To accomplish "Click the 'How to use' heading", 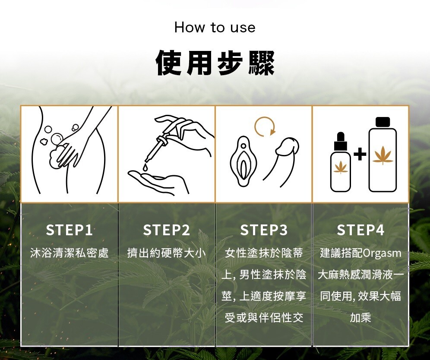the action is (x=215, y=28).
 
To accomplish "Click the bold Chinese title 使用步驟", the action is (x=215, y=63).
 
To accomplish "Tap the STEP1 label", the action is (x=70, y=230).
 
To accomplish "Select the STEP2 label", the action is (x=167, y=230).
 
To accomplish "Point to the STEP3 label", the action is (x=264, y=230).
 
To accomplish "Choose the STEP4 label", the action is (x=360, y=230).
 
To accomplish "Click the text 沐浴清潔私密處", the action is (x=70, y=253).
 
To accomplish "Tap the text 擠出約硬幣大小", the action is (x=167, y=253).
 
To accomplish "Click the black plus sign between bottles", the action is (x=360, y=155).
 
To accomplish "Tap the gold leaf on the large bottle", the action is (x=383, y=155).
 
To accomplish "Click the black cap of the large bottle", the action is (x=383, y=122).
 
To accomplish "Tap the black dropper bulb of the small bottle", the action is (x=341, y=137).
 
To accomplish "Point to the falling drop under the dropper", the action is (x=145, y=167).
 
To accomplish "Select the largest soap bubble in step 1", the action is (x=57, y=139).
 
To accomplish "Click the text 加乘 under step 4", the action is (x=360, y=318).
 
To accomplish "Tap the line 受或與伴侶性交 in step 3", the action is (x=264, y=318).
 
